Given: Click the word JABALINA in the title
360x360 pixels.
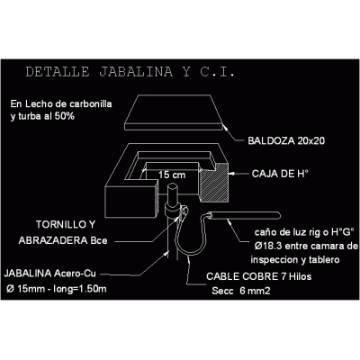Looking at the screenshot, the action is (x=136, y=72).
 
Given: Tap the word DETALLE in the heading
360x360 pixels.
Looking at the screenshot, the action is (x=58, y=72).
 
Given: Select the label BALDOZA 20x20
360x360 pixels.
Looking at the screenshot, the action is (x=286, y=140).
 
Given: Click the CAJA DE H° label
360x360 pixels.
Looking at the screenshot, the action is (x=280, y=174).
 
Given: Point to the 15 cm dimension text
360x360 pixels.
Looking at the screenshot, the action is (x=172, y=175).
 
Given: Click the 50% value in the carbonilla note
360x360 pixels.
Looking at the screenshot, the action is (x=65, y=116).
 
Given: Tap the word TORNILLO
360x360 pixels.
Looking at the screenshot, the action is (x=61, y=224).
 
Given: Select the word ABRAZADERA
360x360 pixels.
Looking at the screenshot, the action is (x=53, y=240).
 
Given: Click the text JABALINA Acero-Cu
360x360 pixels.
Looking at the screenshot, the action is (x=49, y=274).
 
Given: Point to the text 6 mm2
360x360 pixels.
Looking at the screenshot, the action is (x=255, y=291).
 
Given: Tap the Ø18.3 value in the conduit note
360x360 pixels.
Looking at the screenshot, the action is (x=268, y=246).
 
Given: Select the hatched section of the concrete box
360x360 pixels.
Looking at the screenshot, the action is (x=214, y=184).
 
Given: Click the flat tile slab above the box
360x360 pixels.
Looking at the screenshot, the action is (x=174, y=112).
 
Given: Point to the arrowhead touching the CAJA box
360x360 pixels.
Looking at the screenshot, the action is (x=231, y=174).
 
